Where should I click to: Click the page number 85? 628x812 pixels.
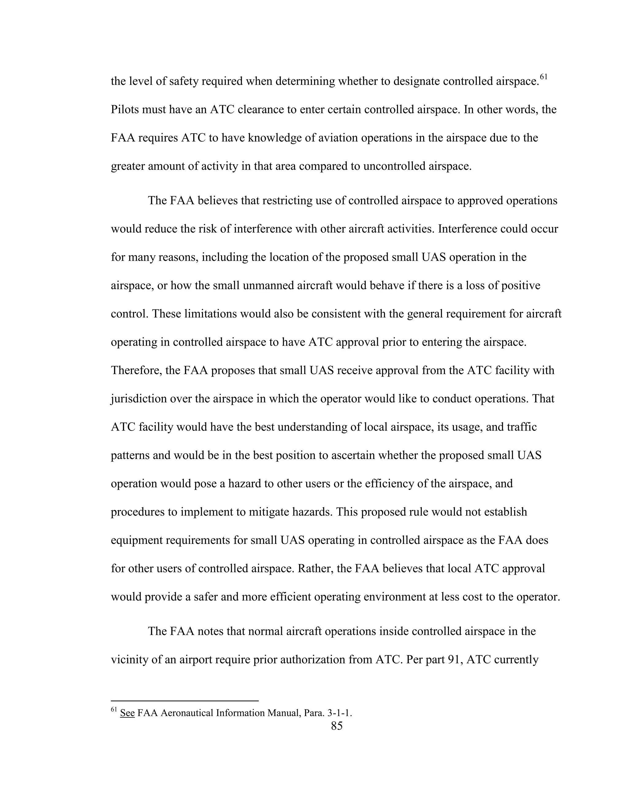[336, 725]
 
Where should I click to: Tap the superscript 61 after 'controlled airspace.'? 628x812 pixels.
[544, 77]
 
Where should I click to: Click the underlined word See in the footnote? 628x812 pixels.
[127, 713]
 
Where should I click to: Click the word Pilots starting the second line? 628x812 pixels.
[124, 110]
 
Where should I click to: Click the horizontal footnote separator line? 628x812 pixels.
[185, 701]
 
